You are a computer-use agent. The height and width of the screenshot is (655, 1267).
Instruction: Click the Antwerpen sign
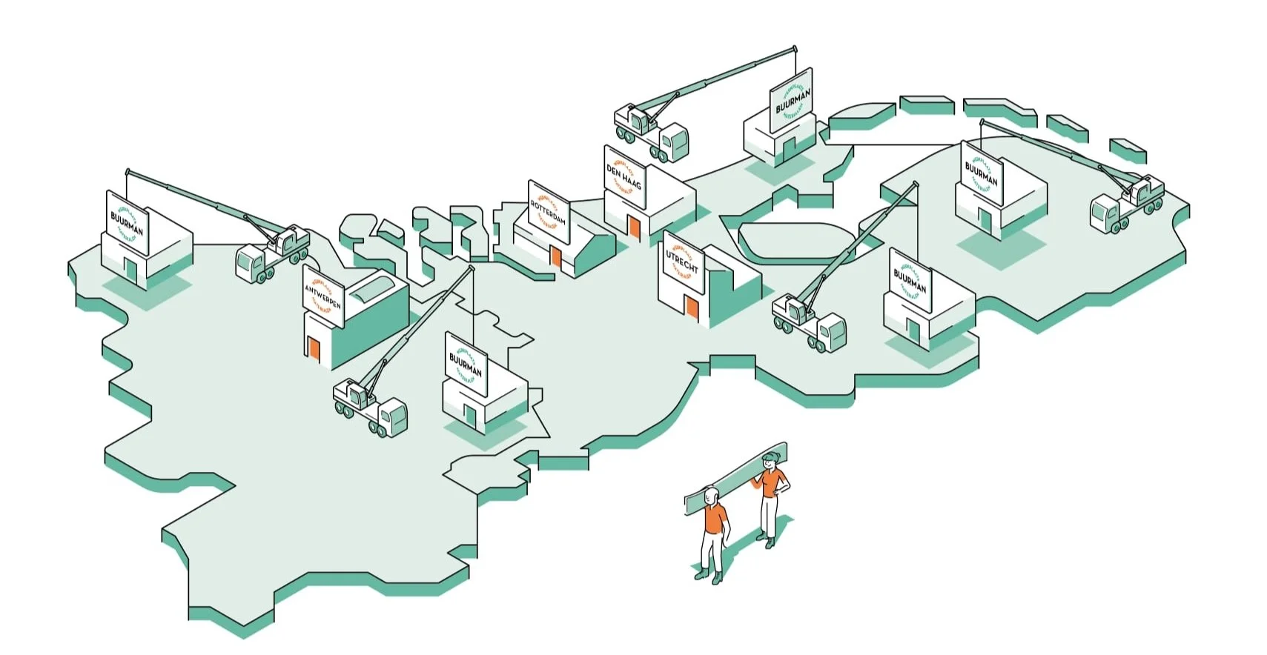(323, 296)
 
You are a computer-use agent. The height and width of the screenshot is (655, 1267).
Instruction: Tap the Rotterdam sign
(549, 212)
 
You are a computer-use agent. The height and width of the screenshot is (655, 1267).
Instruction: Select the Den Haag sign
(623, 176)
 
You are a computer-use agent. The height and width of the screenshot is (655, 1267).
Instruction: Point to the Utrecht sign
(681, 262)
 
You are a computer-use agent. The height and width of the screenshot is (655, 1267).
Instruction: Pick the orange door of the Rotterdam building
(555, 257)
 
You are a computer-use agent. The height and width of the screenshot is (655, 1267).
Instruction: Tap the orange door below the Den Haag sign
(634, 227)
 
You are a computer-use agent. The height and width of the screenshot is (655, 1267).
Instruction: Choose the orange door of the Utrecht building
(692, 307)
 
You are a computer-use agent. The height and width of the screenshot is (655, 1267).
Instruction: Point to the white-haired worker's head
(711, 495)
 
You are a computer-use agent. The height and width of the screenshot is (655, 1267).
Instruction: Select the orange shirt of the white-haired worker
(714, 519)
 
